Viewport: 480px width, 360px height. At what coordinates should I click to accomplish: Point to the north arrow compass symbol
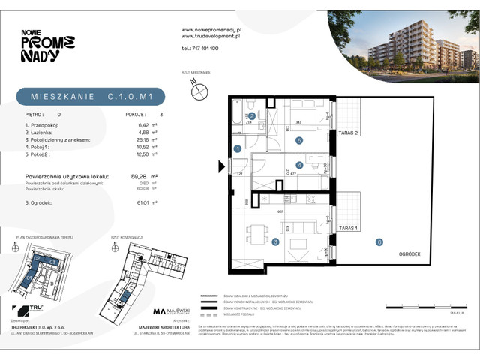[x=199, y=91]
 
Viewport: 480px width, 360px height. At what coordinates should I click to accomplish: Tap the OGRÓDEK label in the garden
[x=419, y=254]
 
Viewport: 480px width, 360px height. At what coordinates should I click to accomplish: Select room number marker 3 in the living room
[x=275, y=241]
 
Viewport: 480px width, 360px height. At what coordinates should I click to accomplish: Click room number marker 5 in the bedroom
[x=298, y=140]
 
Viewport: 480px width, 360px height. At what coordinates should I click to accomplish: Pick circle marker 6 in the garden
[x=379, y=241]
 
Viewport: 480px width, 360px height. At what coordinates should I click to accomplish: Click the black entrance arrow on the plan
[x=221, y=166]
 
